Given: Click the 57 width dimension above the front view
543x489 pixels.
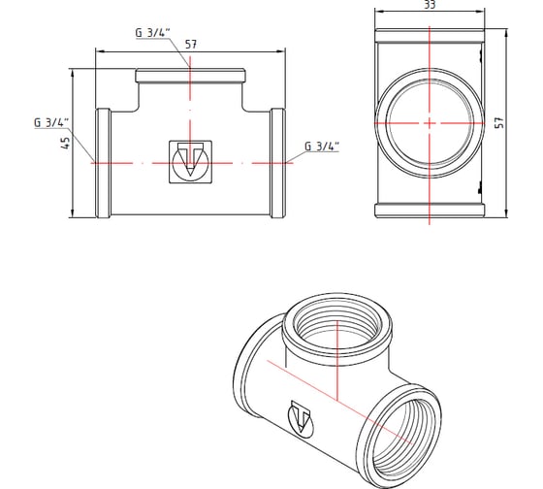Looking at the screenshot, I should pos(191,44).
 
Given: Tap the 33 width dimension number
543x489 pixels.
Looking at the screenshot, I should pos(430,6).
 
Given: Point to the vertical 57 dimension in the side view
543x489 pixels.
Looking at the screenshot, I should pos(499,123).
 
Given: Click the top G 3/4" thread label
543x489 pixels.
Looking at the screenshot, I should pos(152,33).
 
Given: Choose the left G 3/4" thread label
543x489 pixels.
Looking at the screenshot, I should pos(51,122).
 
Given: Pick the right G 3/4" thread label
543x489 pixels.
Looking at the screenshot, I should pos(322,147).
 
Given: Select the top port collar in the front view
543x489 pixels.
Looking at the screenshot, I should pos(191,76).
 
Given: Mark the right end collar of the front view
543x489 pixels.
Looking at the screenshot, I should pos(279,163).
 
